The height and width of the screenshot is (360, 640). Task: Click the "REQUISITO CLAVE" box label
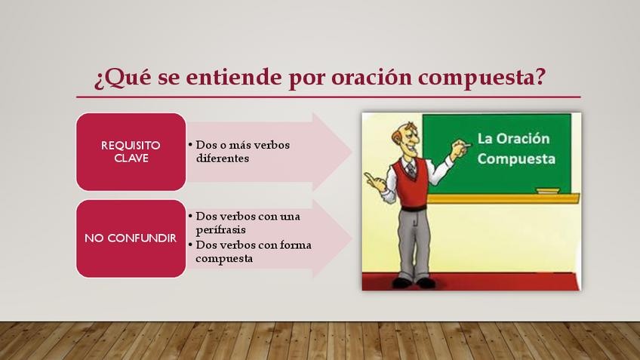pos(131,152)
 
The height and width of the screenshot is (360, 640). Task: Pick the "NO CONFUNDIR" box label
pos(131,238)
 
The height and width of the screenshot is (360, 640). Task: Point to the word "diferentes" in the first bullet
pos(223,158)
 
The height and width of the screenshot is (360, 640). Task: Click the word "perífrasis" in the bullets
pos(221,230)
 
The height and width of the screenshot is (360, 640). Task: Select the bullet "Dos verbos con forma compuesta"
pos(251,251)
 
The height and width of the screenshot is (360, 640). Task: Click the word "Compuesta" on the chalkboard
pos(516,158)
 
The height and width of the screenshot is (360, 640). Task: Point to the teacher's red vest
pos(410,183)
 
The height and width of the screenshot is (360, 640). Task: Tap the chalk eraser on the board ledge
pos(548,191)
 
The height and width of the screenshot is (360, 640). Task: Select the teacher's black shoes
pos(414,283)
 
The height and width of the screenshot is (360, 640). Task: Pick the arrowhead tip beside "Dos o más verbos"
pos(352,152)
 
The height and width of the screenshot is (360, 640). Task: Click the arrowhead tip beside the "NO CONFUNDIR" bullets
pos(352,239)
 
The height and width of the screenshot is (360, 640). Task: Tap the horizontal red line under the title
pos(328,97)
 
